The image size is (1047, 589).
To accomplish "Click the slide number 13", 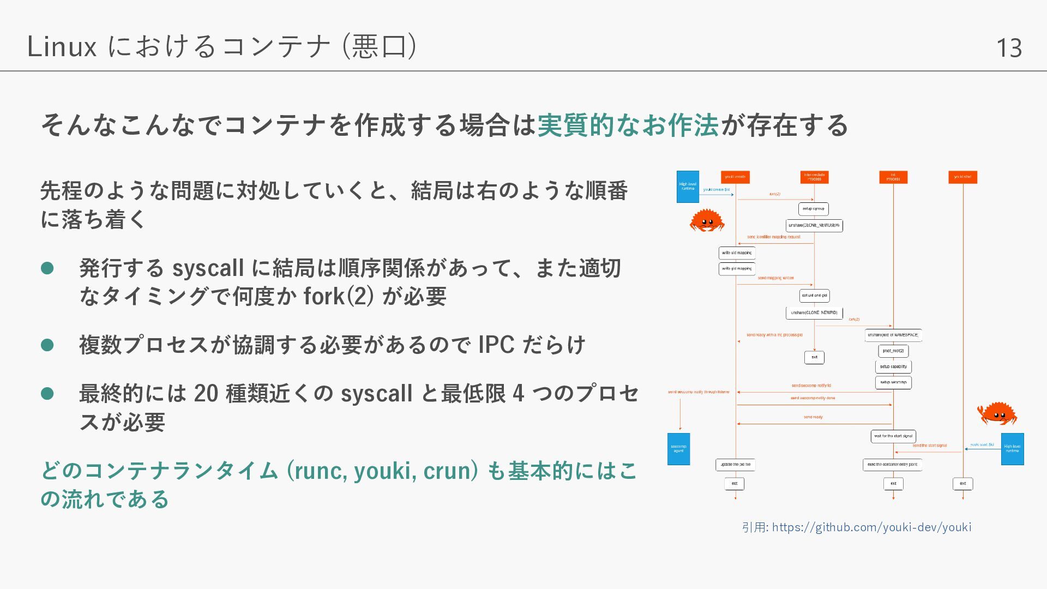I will pyautogui.click(x=1009, y=48).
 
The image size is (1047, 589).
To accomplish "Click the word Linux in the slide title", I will pyautogui.click(x=62, y=46).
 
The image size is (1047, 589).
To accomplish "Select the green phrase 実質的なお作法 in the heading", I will pyautogui.click(x=628, y=125).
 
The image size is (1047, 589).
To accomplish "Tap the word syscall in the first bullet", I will pyautogui.click(x=208, y=268).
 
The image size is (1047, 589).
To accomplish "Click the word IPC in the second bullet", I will pyautogui.click(x=496, y=345).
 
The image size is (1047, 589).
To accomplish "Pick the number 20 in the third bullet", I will pyautogui.click(x=206, y=394).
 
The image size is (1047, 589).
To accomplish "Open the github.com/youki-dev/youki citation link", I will pyautogui.click(x=871, y=527).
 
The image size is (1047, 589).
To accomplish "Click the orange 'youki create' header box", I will pyautogui.click(x=735, y=177).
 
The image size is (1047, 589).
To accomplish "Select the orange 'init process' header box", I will pyautogui.click(x=893, y=177).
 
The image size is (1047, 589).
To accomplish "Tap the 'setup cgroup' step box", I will pyautogui.click(x=813, y=209).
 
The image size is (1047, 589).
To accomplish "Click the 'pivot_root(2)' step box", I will pyautogui.click(x=893, y=351).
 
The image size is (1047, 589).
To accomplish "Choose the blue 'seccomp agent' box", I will pyautogui.click(x=678, y=449).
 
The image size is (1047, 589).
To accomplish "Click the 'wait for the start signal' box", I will pyautogui.click(x=893, y=436).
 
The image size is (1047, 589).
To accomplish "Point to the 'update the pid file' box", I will pyautogui.click(x=735, y=465).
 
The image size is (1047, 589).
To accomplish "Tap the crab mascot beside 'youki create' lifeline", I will pyautogui.click(x=707, y=220).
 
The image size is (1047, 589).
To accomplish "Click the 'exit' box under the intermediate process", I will pyautogui.click(x=814, y=357).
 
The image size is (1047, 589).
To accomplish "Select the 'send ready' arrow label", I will pyautogui.click(x=813, y=417).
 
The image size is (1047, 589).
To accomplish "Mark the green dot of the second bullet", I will pyautogui.click(x=47, y=345).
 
